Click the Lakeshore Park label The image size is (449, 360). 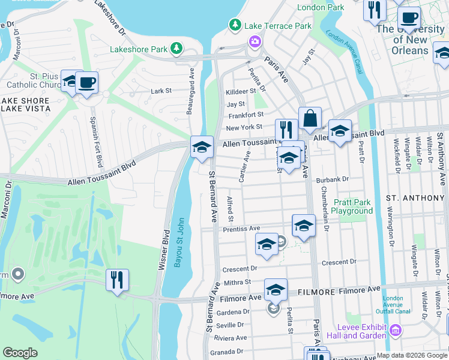click(139, 48)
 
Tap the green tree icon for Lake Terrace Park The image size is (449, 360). click(235, 25)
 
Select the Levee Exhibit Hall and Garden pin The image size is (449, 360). click(396, 330)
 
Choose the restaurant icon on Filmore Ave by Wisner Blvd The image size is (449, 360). click(117, 279)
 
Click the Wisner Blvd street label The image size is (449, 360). click(163, 247)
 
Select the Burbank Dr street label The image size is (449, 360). click(334, 179)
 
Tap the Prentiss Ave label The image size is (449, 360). click(241, 229)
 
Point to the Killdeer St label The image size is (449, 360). click(241, 91)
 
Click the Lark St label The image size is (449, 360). click(161, 91)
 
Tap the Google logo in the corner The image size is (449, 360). click(20, 353)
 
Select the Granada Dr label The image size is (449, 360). click(231, 352)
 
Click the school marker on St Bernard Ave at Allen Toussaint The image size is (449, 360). click(202, 146)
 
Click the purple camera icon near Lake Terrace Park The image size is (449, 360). click(255, 41)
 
